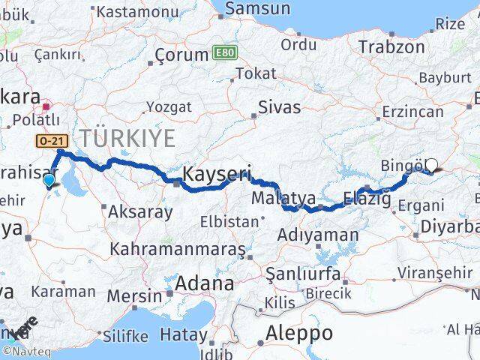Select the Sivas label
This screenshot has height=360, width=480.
tap(279, 106)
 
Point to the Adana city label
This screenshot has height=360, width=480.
tap(204, 283)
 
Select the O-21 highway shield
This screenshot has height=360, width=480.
tap(52, 140)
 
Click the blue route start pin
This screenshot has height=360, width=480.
tap(49, 181)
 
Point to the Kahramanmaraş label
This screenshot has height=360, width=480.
tap(178, 248)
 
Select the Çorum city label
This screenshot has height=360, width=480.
tap(181, 55)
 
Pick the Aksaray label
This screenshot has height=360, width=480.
tap(140, 211)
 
